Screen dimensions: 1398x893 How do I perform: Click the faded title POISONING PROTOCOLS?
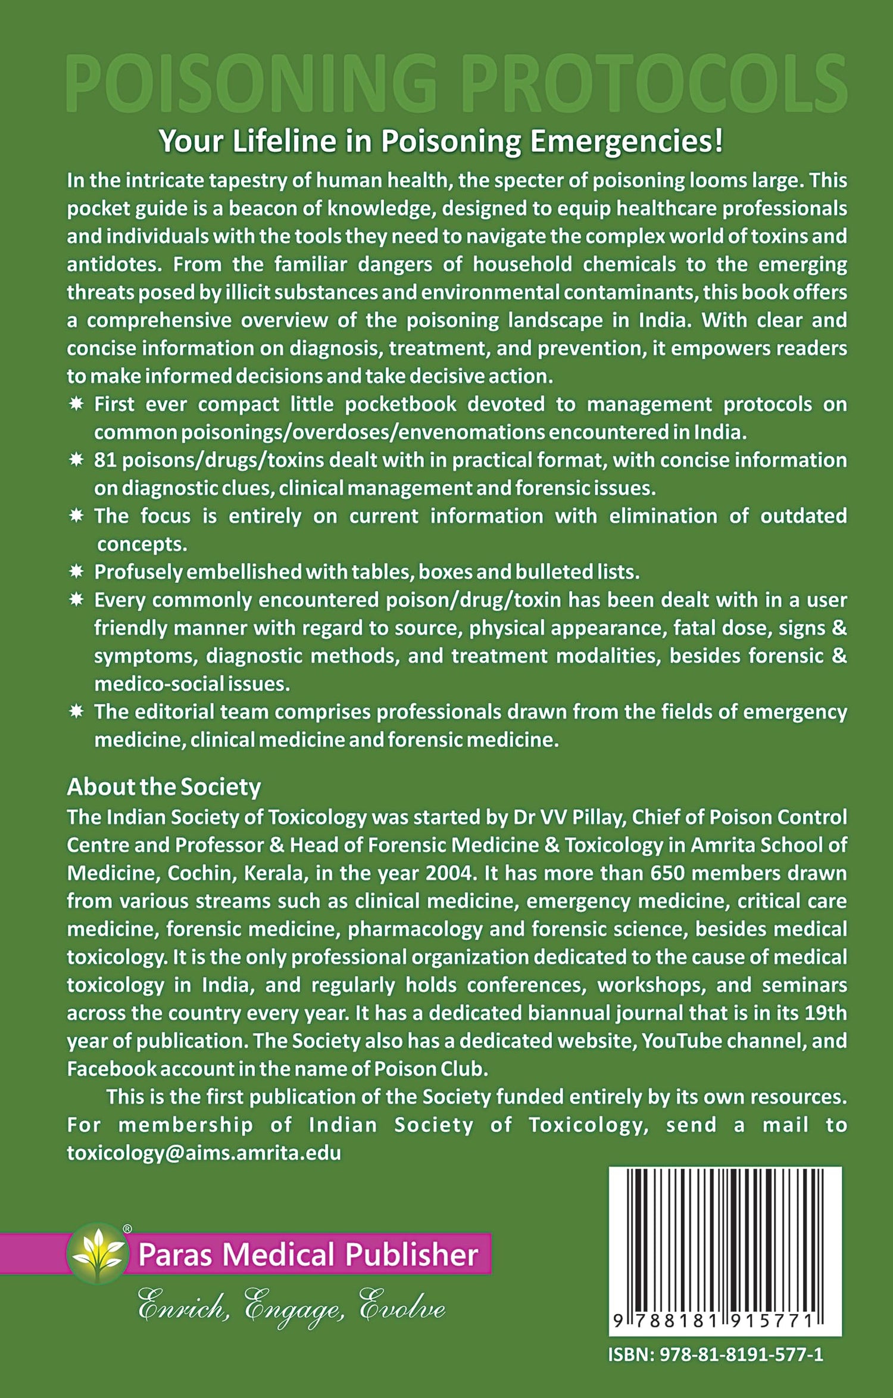456,83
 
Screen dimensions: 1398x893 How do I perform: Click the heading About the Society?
164,787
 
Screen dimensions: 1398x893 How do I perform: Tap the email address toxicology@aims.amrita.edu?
204,1153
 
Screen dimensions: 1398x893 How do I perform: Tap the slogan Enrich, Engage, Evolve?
291,1308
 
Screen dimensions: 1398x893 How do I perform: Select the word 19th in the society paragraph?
825,1013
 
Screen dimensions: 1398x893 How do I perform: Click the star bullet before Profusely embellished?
76,572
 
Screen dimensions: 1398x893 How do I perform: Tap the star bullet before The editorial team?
76,712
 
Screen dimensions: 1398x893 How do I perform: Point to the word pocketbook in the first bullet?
400,404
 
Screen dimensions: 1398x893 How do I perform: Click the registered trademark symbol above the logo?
127,1228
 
